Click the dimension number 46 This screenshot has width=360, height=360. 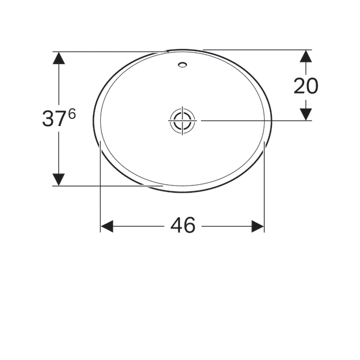tap(183, 226)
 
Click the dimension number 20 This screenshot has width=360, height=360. tap(305, 86)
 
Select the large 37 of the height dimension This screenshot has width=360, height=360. tap(54, 119)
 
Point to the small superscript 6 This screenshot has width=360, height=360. tap(72, 113)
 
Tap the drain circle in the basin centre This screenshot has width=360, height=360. tap(182, 120)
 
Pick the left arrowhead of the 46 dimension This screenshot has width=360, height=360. tap(107, 226)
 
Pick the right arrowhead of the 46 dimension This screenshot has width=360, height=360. tap(257, 226)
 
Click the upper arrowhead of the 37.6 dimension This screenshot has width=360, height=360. tap(58, 58)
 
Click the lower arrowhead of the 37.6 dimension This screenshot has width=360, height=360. tap(58, 179)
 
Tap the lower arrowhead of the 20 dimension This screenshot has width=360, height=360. tap(305, 113)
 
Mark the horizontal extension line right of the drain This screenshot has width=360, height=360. tap(252, 121)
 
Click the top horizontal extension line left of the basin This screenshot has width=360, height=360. tap(108, 52)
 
